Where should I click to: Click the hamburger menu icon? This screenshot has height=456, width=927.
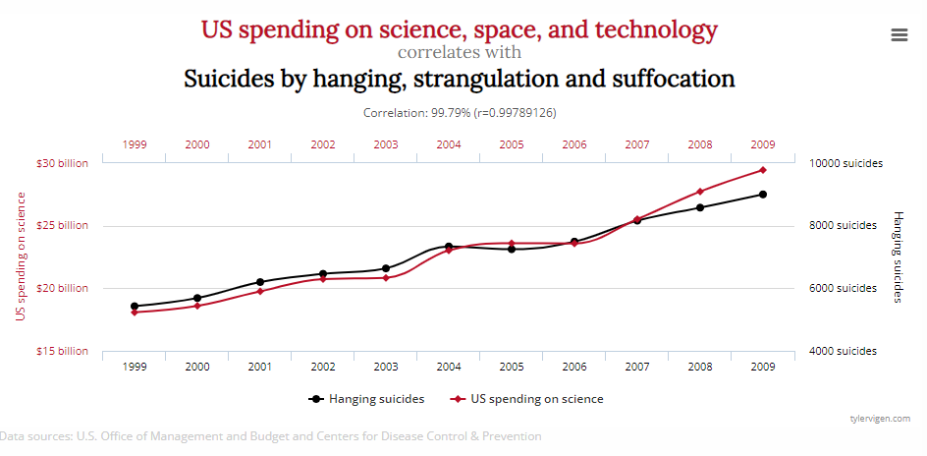pyautogui.click(x=899, y=35)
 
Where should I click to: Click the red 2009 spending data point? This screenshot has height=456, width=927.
pyautogui.click(x=762, y=170)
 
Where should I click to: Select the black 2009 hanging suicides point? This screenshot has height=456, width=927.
pyautogui.click(x=762, y=195)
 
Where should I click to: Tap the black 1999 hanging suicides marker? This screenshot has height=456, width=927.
pyautogui.click(x=135, y=307)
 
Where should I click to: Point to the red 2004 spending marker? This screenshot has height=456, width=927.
pyautogui.click(x=449, y=251)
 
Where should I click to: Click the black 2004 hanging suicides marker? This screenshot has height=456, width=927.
pyautogui.click(x=449, y=247)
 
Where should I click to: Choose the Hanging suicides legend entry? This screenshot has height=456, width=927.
pyautogui.click(x=366, y=399)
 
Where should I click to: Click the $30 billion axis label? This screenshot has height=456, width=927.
pyautogui.click(x=63, y=163)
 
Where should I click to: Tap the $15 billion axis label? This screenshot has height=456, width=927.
pyautogui.click(x=63, y=351)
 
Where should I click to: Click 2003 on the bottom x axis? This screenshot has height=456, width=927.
pyautogui.click(x=386, y=367)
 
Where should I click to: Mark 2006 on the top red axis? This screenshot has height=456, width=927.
pyautogui.click(x=574, y=144)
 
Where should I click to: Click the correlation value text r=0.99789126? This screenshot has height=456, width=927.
pyautogui.click(x=516, y=113)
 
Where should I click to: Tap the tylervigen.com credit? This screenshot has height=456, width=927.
pyautogui.click(x=880, y=419)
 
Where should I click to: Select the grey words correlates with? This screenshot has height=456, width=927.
pyautogui.click(x=460, y=52)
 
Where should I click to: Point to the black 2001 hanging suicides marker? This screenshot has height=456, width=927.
pyautogui.click(x=260, y=282)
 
